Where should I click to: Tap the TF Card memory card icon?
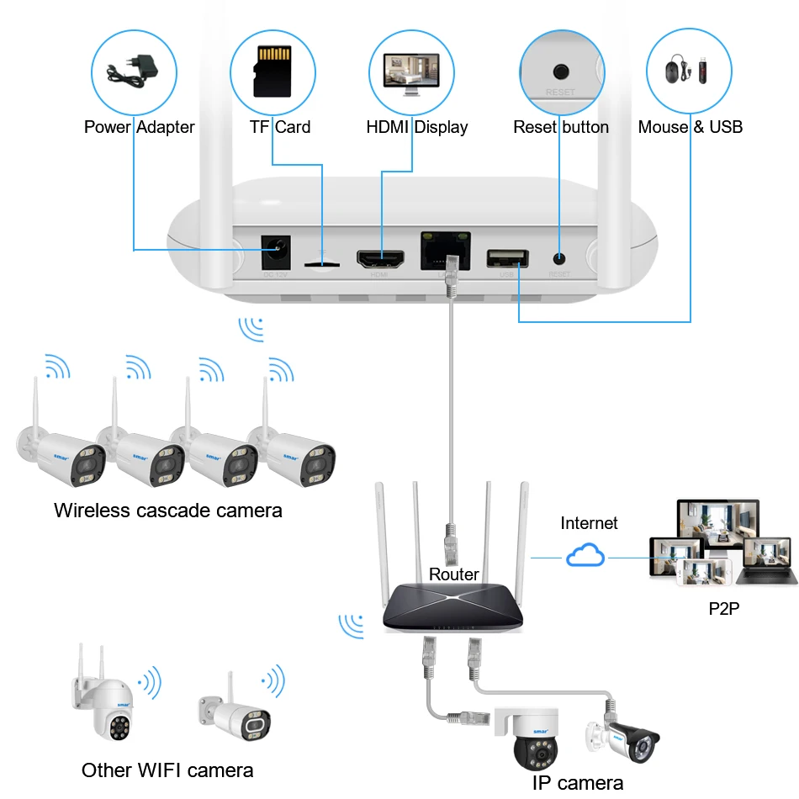coord(273,71)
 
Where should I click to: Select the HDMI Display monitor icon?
coord(411,71)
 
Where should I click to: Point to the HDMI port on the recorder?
coord(382,257)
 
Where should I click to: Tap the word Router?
coord(454,575)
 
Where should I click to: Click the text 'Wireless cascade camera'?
coord(168,511)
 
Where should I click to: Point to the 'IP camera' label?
coord(578,783)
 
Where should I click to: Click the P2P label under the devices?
coord(723,607)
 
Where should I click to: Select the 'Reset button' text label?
coord(561,127)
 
